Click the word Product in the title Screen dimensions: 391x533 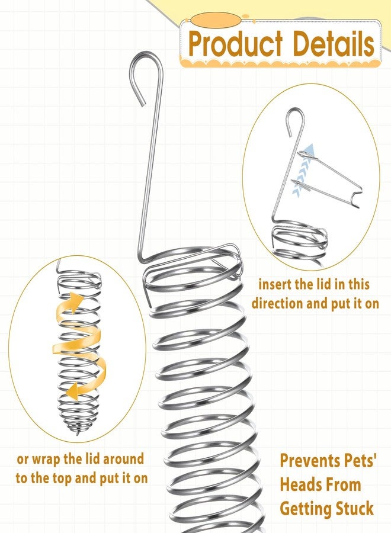[x=236, y=44]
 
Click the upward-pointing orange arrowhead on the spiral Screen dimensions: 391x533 [x=76, y=301]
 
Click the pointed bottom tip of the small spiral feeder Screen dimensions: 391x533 [x=78, y=434]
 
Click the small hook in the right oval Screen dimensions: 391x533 [x=294, y=120]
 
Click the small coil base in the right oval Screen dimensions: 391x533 [x=299, y=243]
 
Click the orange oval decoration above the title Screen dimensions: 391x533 [x=216, y=20]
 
